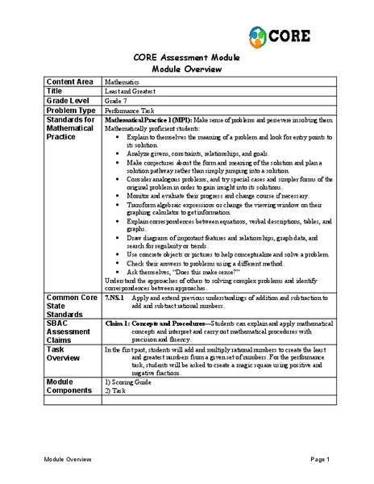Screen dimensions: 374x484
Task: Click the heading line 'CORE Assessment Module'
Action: [186, 58]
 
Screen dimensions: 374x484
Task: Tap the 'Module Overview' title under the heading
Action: [186, 69]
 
